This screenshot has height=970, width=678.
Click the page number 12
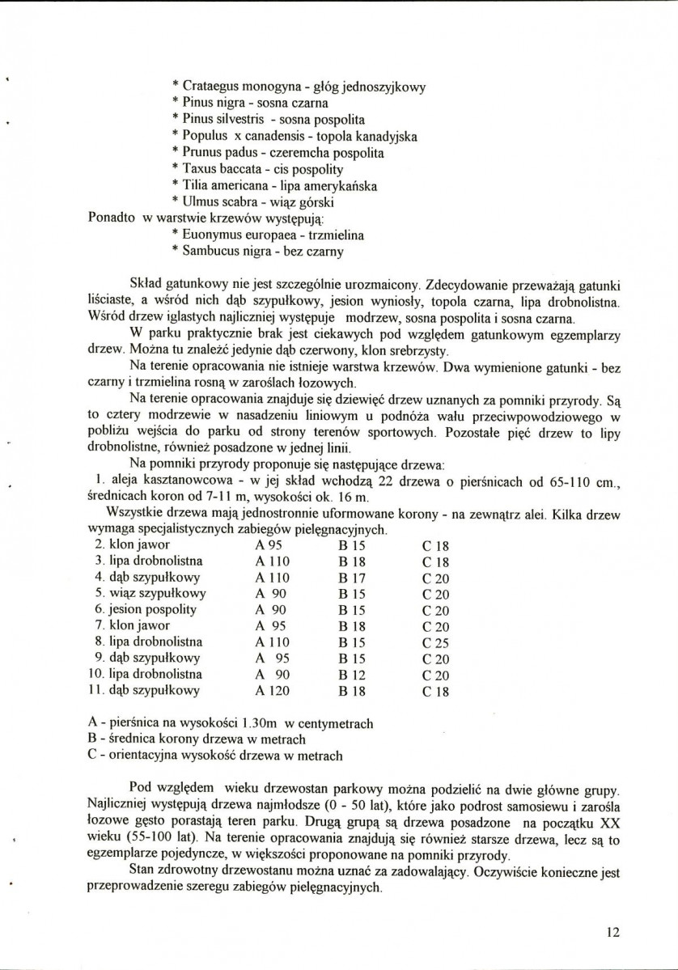pos(612,931)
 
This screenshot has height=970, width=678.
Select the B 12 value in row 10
pos(354,674)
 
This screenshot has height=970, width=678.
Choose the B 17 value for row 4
pos(354,577)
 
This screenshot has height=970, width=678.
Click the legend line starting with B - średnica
pos(195,739)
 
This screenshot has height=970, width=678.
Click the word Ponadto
pos(112,218)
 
